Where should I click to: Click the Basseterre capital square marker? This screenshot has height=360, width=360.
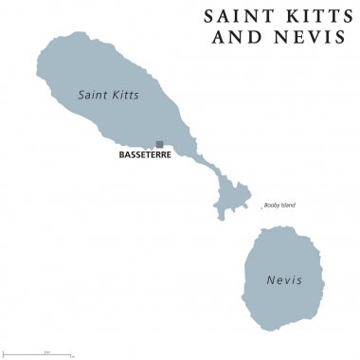click(x=159, y=144)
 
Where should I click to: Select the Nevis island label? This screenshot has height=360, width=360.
click(x=281, y=280)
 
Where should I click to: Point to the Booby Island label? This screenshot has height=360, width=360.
click(x=281, y=206)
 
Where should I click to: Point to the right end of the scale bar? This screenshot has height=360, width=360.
click(x=71, y=354)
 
